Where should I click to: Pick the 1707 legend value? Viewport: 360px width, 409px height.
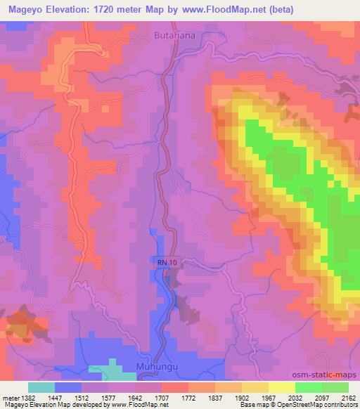[x=161, y=397]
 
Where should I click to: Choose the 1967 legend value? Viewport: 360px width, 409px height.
[x=268, y=397]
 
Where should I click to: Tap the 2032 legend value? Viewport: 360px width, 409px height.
[x=295, y=397]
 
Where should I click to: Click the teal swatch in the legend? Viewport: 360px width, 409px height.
[x=41, y=387]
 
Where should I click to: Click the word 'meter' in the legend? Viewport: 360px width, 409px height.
[x=9, y=397]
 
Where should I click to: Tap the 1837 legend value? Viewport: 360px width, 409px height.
[x=214, y=397]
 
